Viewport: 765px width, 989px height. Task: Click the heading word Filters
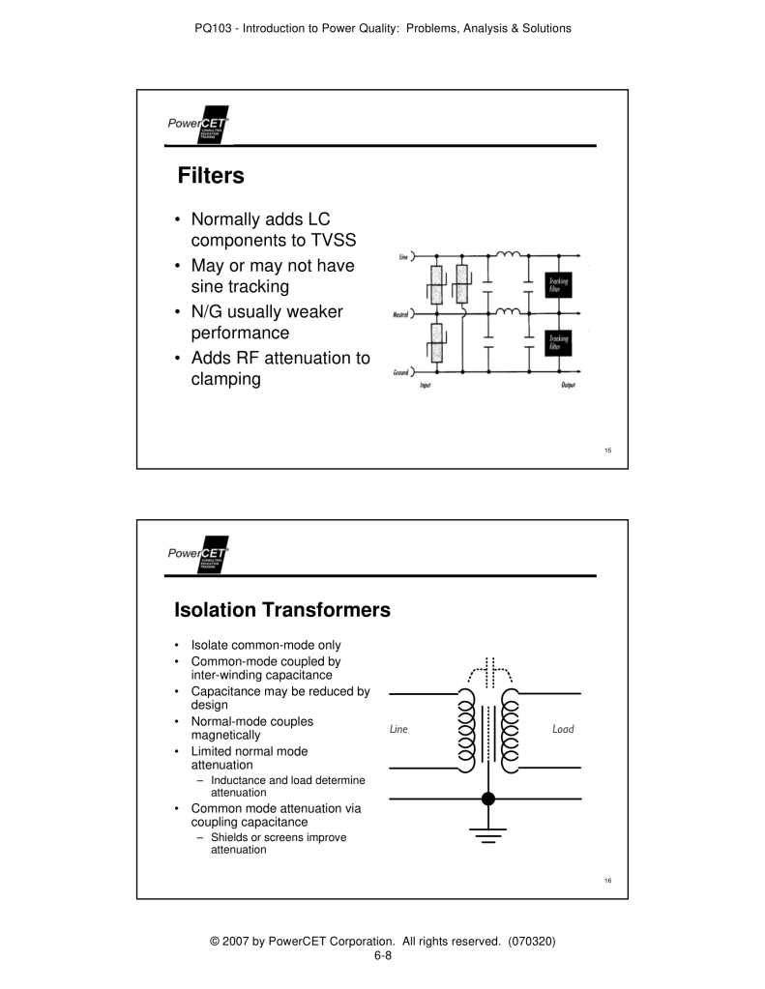211,176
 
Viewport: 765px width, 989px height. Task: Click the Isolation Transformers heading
281,610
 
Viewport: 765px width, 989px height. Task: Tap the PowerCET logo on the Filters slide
197,126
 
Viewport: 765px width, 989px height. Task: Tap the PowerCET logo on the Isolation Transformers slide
197,555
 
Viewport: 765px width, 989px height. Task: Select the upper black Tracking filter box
558,284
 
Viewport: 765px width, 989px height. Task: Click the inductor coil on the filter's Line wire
509,255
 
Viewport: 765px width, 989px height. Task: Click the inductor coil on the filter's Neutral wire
509,311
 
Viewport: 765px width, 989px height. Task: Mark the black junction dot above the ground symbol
488,799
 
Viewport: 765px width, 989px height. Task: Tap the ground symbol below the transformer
488,833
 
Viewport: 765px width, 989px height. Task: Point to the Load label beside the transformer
562,729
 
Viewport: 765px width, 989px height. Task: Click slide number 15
608,450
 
